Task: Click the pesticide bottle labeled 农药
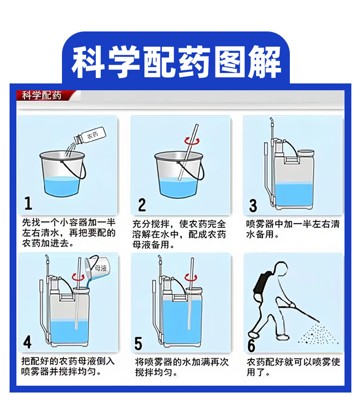[90, 135]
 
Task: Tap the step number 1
[28, 204]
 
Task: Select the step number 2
[142, 205]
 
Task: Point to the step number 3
[253, 206]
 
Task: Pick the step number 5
[138, 343]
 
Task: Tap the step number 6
[251, 345]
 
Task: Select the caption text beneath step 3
[293, 229]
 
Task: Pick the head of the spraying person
[281, 269]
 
